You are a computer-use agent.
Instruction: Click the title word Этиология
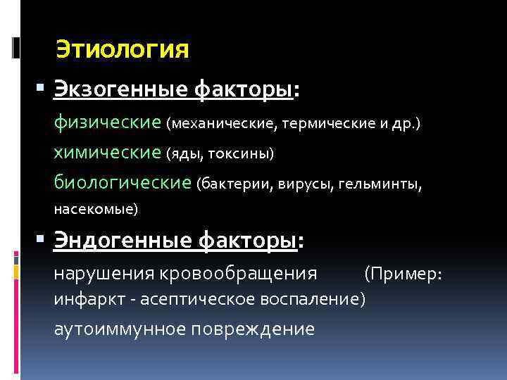[x=123, y=49]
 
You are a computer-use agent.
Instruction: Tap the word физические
[x=108, y=122]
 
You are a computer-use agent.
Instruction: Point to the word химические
[x=108, y=152]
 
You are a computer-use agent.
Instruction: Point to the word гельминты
[x=380, y=184]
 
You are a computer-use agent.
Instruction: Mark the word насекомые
[x=96, y=209]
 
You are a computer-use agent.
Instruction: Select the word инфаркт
[x=82, y=300]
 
